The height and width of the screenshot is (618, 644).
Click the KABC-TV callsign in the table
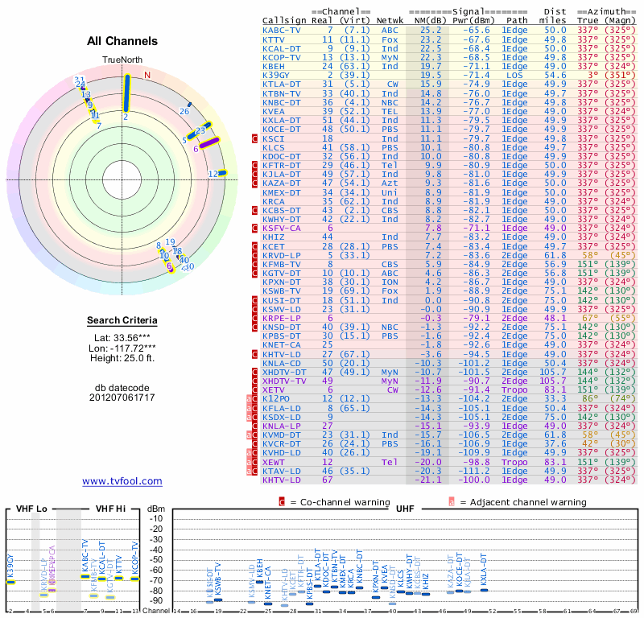[x=280, y=30]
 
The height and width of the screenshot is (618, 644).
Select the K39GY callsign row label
[x=276, y=74]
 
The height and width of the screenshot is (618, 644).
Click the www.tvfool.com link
[x=122, y=481]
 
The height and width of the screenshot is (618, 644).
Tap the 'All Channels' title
[x=122, y=41]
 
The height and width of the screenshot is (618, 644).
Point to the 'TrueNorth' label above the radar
[x=122, y=61]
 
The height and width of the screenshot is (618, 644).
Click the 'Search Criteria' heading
[x=122, y=321]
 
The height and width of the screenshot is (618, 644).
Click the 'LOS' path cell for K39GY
[x=514, y=74]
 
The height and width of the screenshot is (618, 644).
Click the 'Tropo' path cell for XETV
[x=514, y=390]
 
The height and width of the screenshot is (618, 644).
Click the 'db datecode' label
[x=122, y=387]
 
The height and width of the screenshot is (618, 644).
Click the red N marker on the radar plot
[x=147, y=75]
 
